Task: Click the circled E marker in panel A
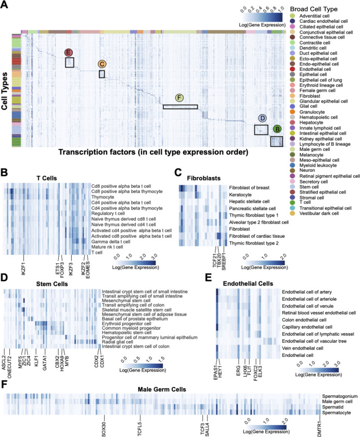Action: [68, 53]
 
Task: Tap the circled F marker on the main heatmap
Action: [179, 98]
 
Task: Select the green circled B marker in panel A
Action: [277, 128]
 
